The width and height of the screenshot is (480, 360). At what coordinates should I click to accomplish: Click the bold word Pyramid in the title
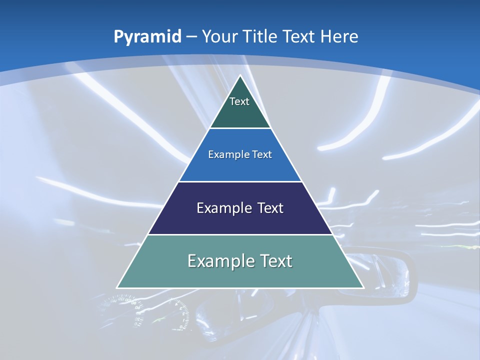point(147,37)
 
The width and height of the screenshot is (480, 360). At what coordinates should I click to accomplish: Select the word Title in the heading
point(260,36)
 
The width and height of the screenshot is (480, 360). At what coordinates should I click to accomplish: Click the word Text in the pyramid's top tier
point(239,101)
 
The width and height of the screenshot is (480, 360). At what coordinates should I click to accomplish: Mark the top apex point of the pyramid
point(240,75)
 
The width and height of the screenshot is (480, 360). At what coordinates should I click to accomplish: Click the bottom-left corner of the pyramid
point(117,287)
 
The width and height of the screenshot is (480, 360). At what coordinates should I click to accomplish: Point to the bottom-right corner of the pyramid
point(363,287)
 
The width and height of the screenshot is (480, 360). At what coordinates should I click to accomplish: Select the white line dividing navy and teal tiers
point(240,234)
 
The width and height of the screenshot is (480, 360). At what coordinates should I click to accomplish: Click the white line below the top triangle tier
point(240,128)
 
